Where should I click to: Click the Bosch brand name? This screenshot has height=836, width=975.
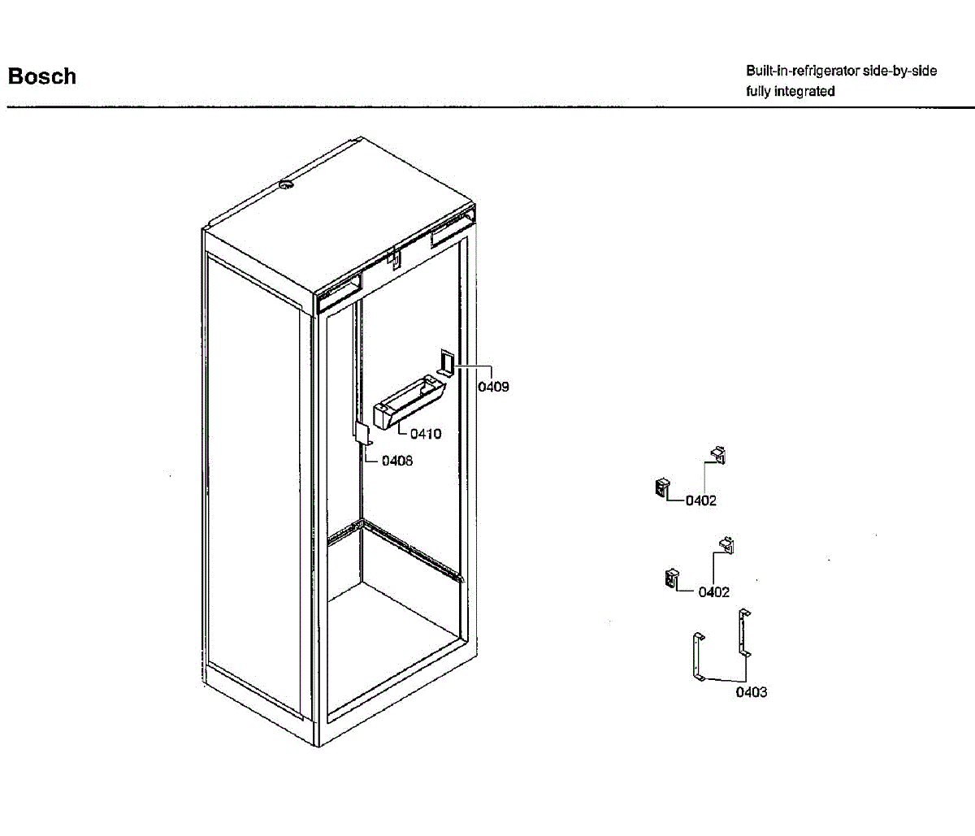click(x=42, y=76)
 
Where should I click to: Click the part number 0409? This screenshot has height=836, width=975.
click(x=493, y=387)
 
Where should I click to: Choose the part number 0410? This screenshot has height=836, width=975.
click(x=426, y=434)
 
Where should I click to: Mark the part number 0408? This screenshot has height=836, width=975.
click(x=396, y=461)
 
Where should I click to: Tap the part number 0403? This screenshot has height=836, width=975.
click(x=752, y=692)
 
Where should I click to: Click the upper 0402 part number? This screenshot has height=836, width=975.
click(x=700, y=500)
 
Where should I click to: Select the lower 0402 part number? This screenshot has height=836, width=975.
click(x=713, y=592)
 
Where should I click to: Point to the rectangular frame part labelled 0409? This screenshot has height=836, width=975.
click(x=446, y=362)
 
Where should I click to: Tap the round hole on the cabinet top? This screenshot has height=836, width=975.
click(x=285, y=186)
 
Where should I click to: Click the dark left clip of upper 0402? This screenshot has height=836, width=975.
click(x=661, y=487)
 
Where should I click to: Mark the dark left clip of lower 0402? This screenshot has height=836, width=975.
click(x=671, y=578)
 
